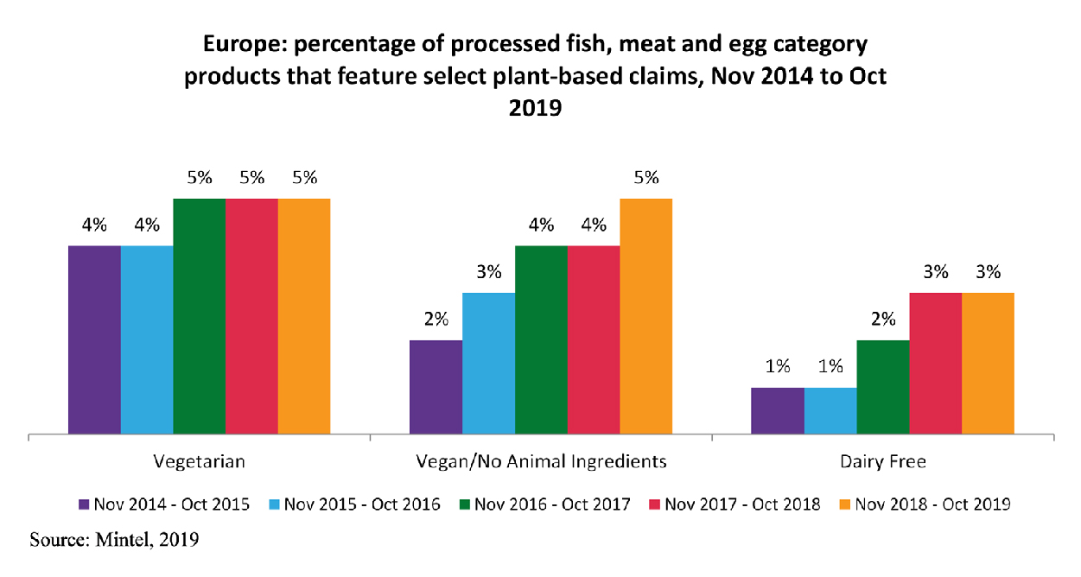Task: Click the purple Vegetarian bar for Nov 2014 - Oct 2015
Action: click(x=94, y=339)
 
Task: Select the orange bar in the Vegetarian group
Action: click(x=304, y=315)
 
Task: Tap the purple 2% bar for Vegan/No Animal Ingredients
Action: click(x=436, y=386)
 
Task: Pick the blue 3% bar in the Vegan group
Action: click(x=488, y=363)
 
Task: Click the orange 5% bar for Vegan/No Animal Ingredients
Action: click(x=645, y=315)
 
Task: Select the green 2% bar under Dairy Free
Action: click(x=882, y=386)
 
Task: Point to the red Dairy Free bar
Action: click(x=935, y=363)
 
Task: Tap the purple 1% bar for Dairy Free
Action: click(x=777, y=410)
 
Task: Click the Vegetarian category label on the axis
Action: click(x=199, y=461)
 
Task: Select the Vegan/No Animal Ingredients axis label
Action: click(x=541, y=461)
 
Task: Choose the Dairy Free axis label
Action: click(x=882, y=461)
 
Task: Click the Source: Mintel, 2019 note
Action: click(x=114, y=542)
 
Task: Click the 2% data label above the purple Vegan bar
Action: click(x=436, y=319)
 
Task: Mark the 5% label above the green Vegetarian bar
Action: click(x=199, y=178)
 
